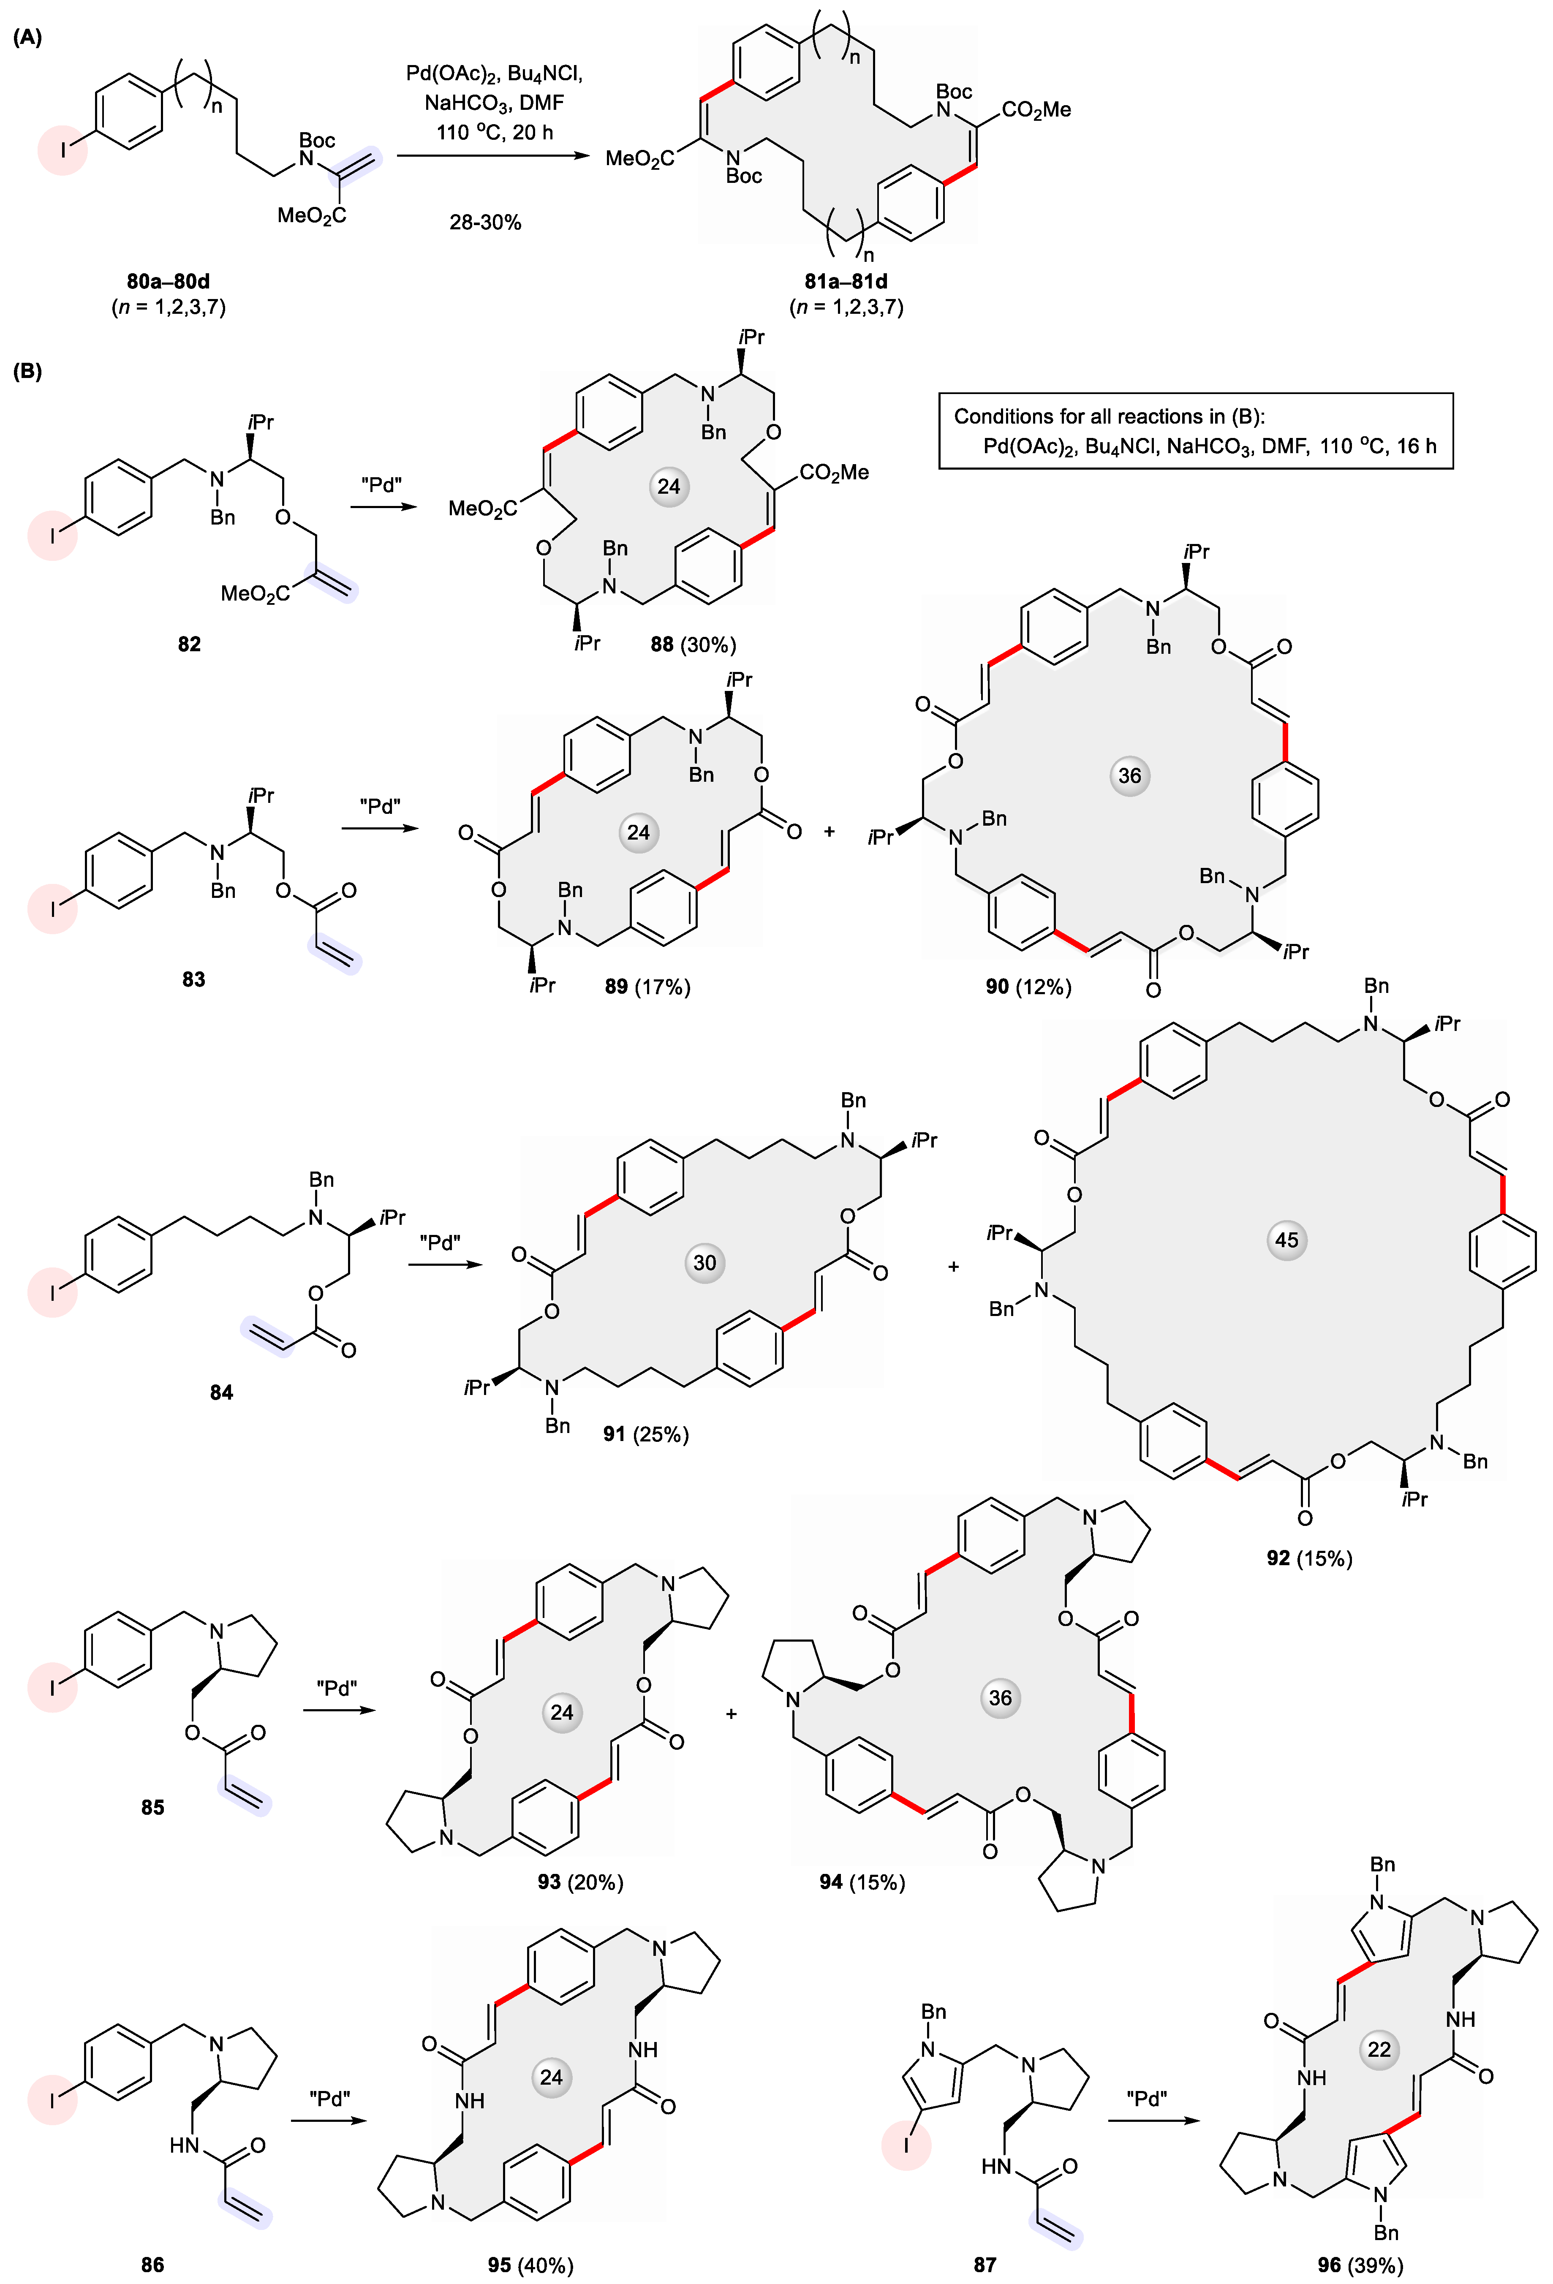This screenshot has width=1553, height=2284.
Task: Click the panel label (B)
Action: [x=27, y=372]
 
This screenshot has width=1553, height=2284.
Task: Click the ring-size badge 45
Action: [x=1286, y=1240]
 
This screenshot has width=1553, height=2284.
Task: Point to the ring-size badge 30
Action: [x=705, y=1263]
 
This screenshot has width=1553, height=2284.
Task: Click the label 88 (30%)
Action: [x=693, y=645]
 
